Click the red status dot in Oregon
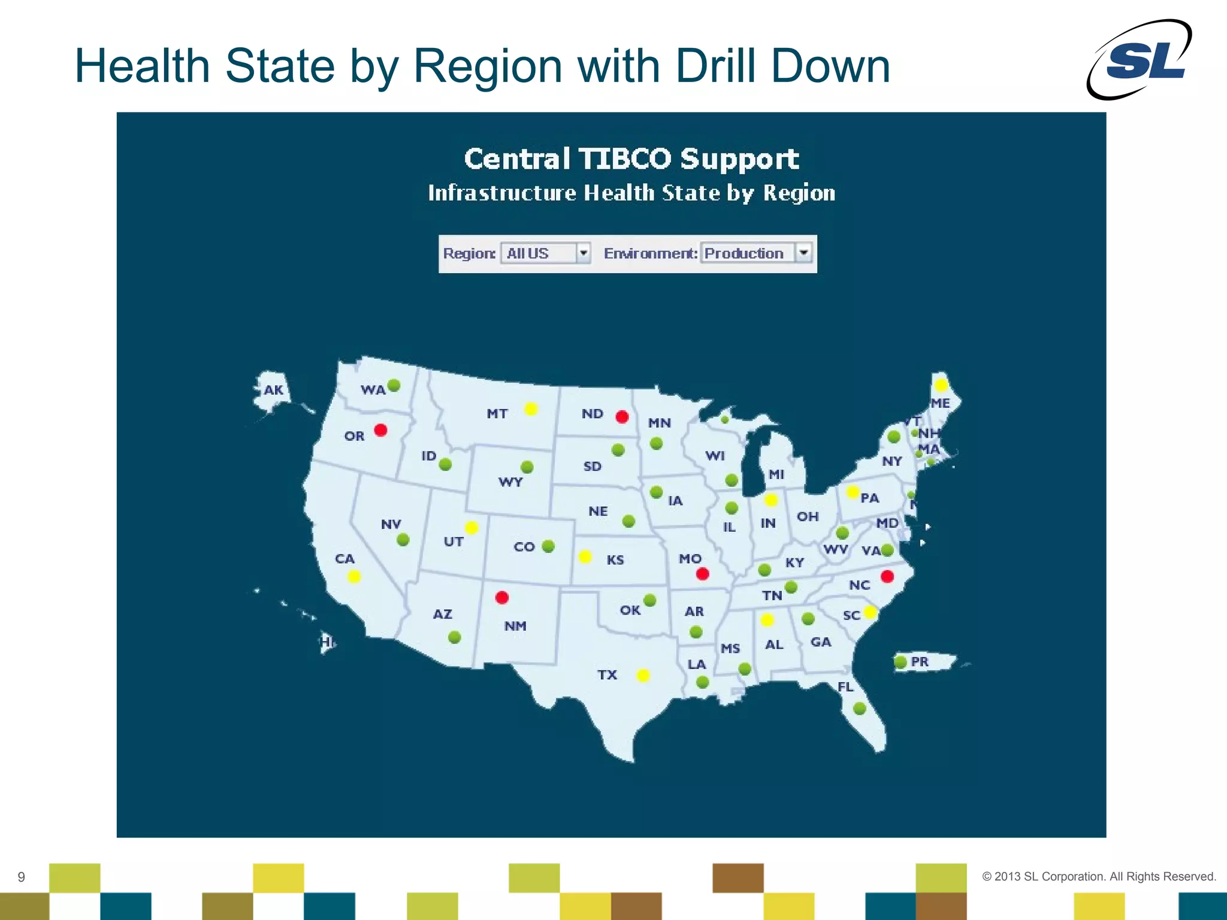pyautogui.click(x=380, y=429)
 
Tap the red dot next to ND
pyautogui.click(x=622, y=416)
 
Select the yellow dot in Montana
pyautogui.click(x=531, y=408)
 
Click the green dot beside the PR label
pyautogui.click(x=900, y=662)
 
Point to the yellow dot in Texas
pyautogui.click(x=643, y=676)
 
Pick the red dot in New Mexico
pyautogui.click(x=502, y=597)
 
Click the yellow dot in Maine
pyautogui.click(x=941, y=385)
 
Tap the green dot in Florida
pyautogui.click(x=860, y=709)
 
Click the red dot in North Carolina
pyautogui.click(x=887, y=576)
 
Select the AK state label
pyautogui.click(x=274, y=390)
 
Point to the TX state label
pyautogui.click(x=607, y=675)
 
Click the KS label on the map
pyautogui.click(x=615, y=560)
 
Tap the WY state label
pyautogui.click(x=510, y=482)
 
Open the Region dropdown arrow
pyautogui.click(x=584, y=253)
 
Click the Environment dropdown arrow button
pyautogui.click(x=803, y=253)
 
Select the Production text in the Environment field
pyautogui.click(x=744, y=253)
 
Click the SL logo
pyautogui.click(x=1140, y=59)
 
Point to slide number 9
pyautogui.click(x=22, y=877)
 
